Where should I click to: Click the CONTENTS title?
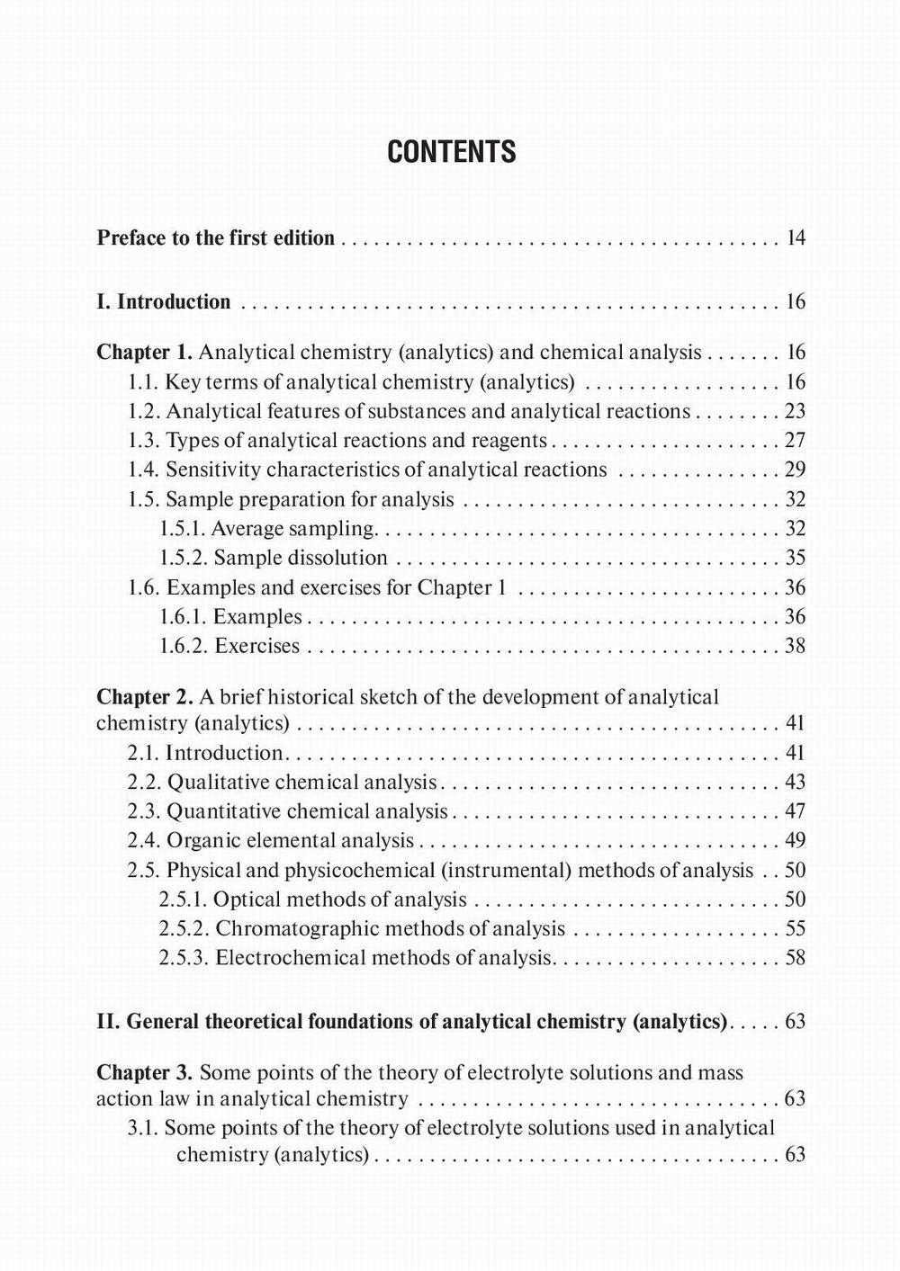coord(451,152)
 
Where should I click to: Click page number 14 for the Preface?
coord(795,238)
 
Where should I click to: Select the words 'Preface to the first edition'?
coord(215,238)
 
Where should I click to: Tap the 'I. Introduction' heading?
coord(163,302)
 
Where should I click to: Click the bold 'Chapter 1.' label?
coord(144,353)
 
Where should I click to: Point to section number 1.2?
coord(143,412)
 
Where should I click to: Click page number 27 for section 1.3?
coord(795,441)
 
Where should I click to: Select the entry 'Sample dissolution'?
coord(301,558)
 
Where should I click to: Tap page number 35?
coord(795,558)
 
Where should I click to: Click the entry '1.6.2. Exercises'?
coord(229,646)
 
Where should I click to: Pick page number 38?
coord(795,646)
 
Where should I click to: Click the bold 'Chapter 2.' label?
coord(144,697)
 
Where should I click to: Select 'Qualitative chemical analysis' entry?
coord(301,783)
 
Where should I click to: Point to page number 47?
coord(795,811)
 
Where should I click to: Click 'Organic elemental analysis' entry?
coord(290,841)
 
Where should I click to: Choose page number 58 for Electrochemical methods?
coord(795,958)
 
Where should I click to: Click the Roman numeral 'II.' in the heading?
coord(108,1022)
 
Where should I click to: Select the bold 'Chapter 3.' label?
coord(144,1073)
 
